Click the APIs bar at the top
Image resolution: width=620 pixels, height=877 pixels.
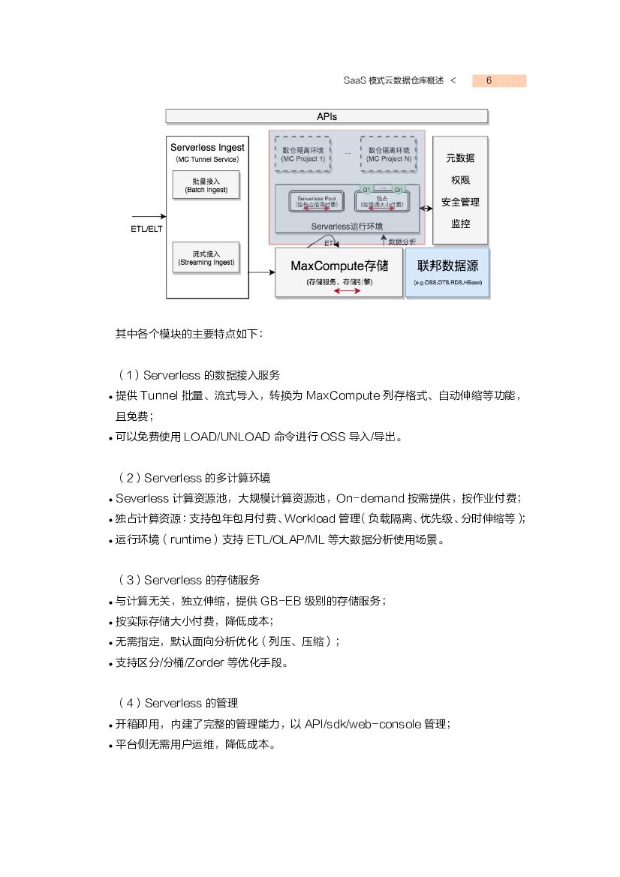coord(327,116)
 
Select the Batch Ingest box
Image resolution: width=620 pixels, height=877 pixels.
coord(206,186)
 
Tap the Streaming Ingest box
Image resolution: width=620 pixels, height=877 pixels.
coord(206,258)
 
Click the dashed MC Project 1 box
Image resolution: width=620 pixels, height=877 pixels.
coord(303,155)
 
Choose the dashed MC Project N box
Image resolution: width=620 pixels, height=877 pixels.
coord(389,155)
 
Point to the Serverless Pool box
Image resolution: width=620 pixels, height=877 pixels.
coord(314,201)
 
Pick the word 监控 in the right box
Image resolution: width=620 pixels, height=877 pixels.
coord(460,224)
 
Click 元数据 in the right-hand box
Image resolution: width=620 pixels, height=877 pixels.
coord(460,158)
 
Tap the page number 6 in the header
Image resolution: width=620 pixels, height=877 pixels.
coord(489,81)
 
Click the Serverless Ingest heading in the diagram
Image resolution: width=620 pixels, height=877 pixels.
coord(207,148)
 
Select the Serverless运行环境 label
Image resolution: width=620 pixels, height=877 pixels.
coord(347,225)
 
